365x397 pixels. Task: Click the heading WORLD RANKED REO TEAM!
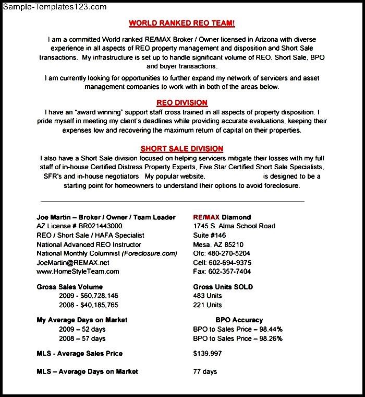coord(182,23)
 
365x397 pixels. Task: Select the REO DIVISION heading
coord(182,102)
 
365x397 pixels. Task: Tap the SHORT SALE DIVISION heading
coord(182,148)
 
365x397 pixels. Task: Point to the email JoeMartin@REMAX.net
coord(73,262)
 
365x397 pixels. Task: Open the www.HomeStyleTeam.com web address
coord(78,271)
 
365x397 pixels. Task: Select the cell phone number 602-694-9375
coord(229,262)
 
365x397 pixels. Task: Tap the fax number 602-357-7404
coord(228,271)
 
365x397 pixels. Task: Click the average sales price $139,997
coord(208,353)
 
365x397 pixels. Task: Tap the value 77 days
coord(205,371)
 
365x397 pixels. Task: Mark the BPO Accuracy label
coord(239,320)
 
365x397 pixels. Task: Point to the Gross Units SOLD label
coord(223,287)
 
